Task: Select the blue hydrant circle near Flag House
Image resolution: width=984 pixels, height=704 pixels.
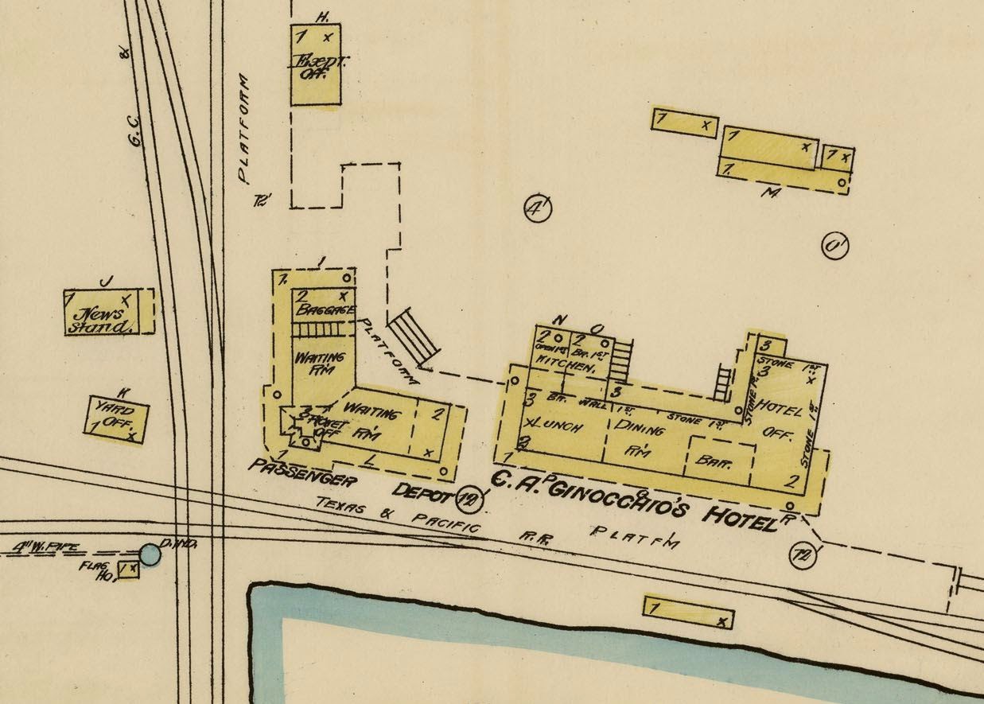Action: coord(150,553)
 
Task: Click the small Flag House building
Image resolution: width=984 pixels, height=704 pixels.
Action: coord(127,570)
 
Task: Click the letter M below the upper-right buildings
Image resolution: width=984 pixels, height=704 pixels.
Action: coord(769,193)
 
